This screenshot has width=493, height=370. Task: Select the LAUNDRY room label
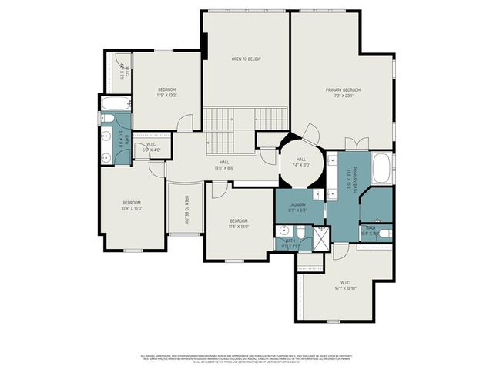(298, 204)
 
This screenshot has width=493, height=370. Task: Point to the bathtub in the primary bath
(382, 169)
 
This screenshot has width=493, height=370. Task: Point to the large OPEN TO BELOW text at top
(246, 59)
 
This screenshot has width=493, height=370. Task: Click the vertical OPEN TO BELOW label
(186, 210)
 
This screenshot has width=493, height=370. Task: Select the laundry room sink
(283, 229)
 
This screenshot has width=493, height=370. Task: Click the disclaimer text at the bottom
(246, 358)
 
